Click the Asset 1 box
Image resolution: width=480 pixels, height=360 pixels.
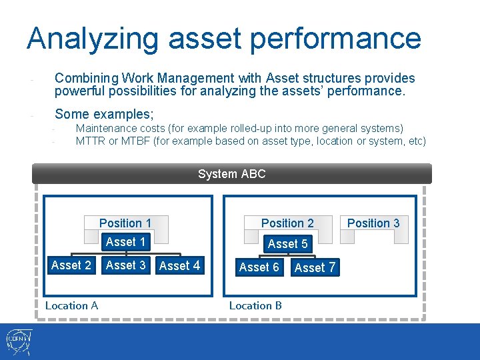(x=125, y=242)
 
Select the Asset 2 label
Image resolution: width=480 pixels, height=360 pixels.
(x=71, y=265)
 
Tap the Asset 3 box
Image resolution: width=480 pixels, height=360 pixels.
(x=125, y=265)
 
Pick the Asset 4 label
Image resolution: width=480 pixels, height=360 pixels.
(x=179, y=266)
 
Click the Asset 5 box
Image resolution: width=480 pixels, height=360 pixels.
(x=287, y=244)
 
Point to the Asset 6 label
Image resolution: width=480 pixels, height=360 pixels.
(x=259, y=267)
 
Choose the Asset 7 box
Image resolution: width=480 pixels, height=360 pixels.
(x=315, y=268)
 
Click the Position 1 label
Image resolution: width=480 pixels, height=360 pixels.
(x=125, y=223)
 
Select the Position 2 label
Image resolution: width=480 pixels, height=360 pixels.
(x=287, y=223)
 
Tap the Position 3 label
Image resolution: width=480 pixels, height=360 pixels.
(x=373, y=223)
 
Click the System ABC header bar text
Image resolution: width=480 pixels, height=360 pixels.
(x=231, y=174)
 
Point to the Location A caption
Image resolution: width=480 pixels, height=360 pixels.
(x=71, y=306)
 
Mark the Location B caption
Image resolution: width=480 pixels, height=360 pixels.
(x=255, y=306)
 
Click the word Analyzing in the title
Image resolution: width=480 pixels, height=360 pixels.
(x=93, y=39)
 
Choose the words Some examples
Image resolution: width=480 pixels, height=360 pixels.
(x=104, y=114)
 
